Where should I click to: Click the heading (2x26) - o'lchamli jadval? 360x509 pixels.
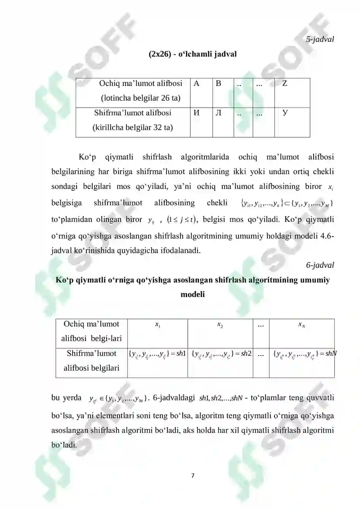193,54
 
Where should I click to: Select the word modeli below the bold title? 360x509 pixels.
193,295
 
